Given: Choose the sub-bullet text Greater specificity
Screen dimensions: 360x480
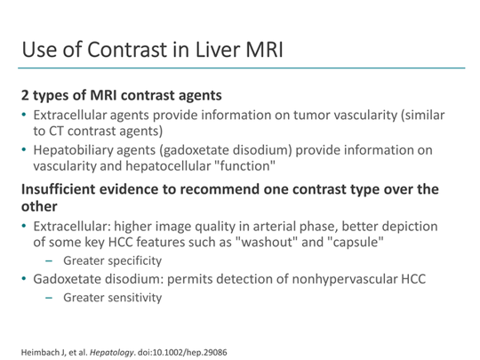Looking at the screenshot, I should pos(112,261).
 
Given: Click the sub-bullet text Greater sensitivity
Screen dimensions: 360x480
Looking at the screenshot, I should pos(112,299).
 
